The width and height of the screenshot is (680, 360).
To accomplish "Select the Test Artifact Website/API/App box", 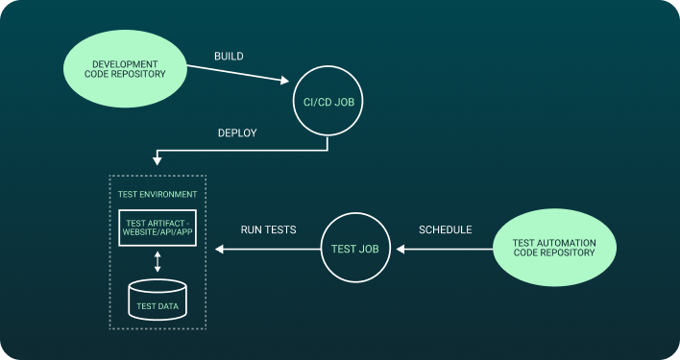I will (x=158, y=228).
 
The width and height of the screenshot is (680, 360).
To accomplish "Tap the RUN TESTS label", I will (x=268, y=230).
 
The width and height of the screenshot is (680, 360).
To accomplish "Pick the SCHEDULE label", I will (x=446, y=230).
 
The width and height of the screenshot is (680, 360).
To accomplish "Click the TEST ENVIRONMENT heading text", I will (x=158, y=194).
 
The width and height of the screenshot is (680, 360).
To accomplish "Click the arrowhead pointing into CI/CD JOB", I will (x=287, y=84).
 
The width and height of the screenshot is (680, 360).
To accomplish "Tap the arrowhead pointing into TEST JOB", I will (x=401, y=250).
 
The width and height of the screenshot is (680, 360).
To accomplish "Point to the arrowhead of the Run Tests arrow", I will (x=220, y=250).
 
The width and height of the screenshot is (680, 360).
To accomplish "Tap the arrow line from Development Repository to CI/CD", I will (x=235, y=73).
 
